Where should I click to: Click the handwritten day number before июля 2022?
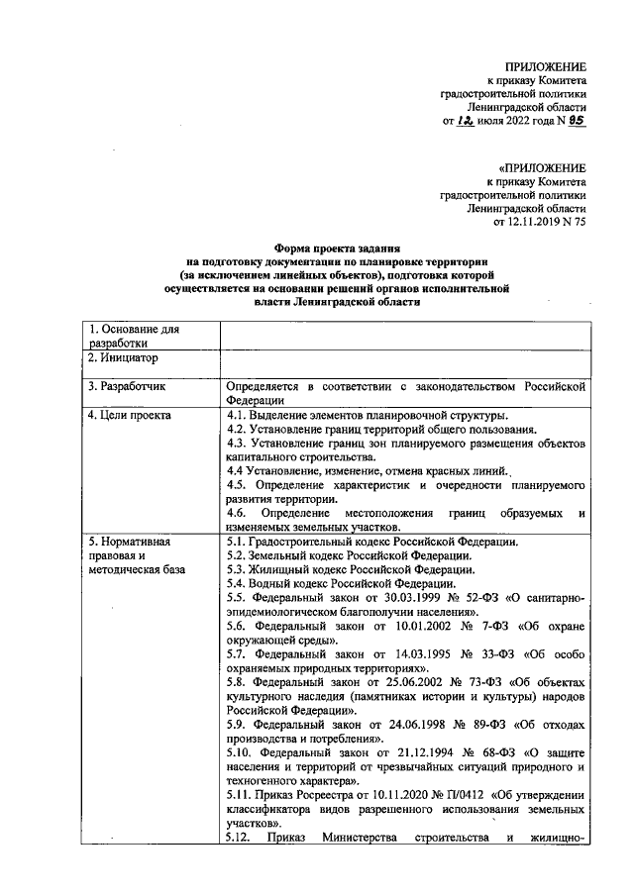tap(465, 121)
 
